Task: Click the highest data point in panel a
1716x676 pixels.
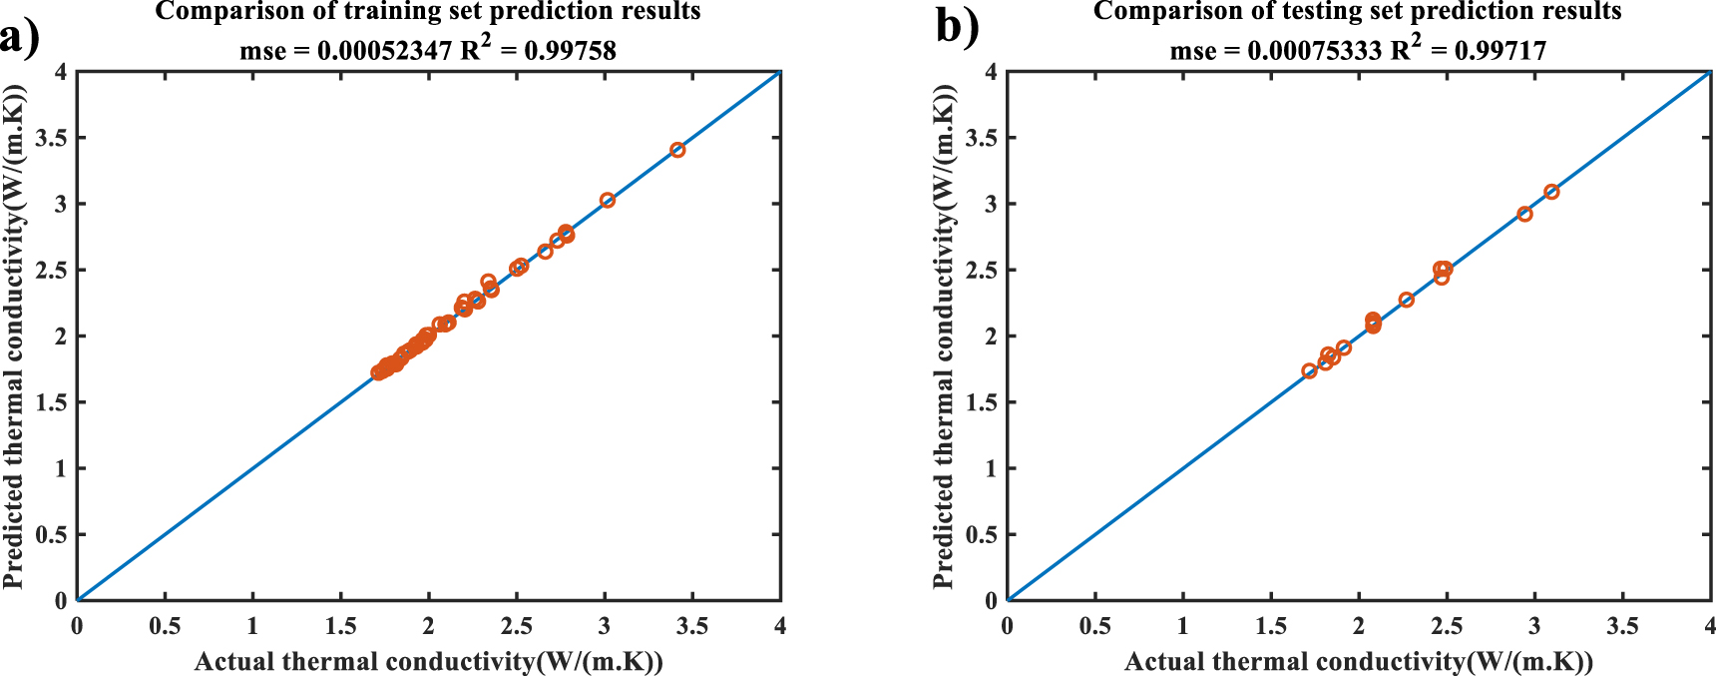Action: tap(677, 150)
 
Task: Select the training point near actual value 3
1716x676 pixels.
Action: tap(608, 201)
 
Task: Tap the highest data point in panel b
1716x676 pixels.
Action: tap(1551, 192)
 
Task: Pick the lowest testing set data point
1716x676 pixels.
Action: tap(1310, 371)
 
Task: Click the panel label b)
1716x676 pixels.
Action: tap(957, 26)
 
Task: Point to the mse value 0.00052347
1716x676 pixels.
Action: tap(384, 51)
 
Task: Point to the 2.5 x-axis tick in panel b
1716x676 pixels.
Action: tap(1447, 627)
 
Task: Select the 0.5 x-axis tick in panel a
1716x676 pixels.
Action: tap(165, 627)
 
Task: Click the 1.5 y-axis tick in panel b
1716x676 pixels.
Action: tap(981, 402)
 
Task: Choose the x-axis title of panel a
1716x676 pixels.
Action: tap(428, 662)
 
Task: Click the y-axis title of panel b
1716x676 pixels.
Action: tap(944, 336)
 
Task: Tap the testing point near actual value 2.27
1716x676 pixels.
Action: tap(1407, 300)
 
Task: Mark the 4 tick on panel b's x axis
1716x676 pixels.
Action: tap(1709, 627)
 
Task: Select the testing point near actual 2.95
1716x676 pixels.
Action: tap(1524, 214)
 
